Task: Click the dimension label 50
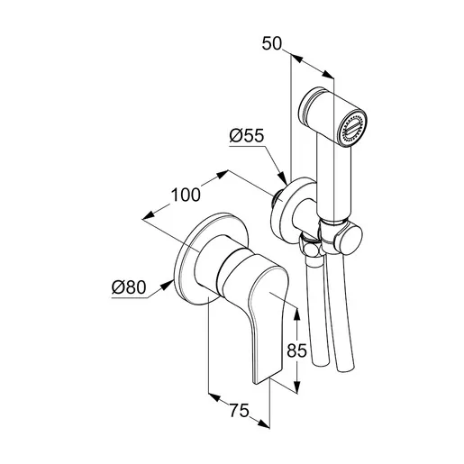tap(272, 43)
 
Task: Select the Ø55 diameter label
tap(246, 136)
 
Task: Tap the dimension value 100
tap(186, 195)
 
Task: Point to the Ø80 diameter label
tap(129, 287)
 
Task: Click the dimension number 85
tap(296, 350)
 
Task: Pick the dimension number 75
tap(240, 410)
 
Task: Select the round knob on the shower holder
tap(350, 240)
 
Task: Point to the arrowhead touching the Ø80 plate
tap(167, 285)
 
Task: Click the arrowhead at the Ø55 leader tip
tap(282, 178)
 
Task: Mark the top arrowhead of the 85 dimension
tap(296, 314)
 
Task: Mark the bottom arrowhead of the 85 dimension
tap(296, 387)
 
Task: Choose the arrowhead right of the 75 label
tap(263, 423)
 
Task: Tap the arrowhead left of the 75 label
tap(214, 397)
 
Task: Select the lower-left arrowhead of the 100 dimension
tap(149, 215)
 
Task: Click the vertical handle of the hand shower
tap(334, 180)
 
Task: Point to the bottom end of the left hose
tap(322, 362)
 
